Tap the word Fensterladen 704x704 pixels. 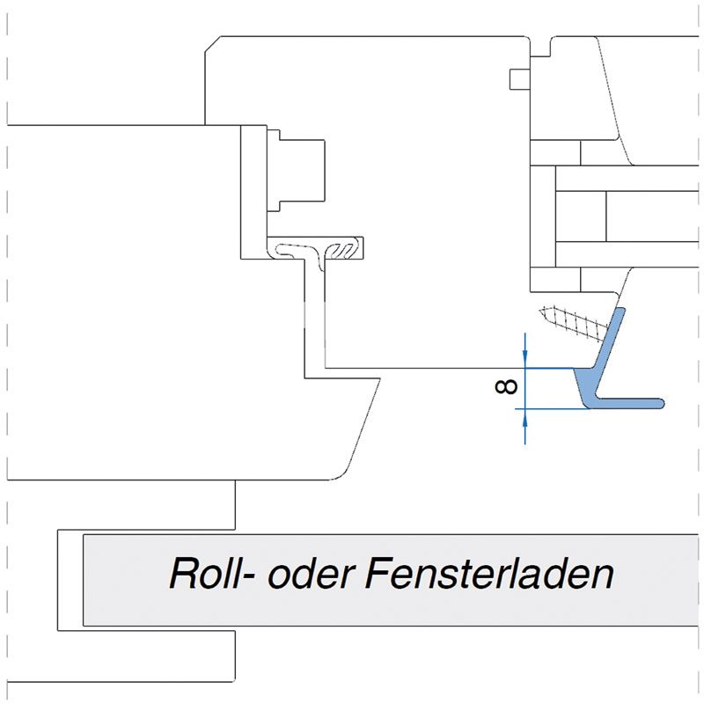[487, 575]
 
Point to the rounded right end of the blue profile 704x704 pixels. [660, 403]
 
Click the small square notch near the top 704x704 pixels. [518, 78]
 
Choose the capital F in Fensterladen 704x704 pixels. [372, 575]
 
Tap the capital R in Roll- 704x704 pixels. [182, 575]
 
